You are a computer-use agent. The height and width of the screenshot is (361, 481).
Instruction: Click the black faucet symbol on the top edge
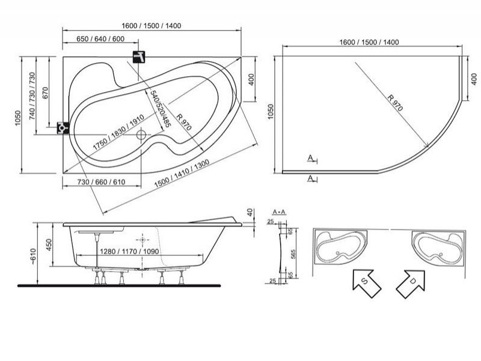tap(139, 56)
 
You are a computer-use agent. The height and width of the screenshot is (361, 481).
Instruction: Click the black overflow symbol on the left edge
tap(63, 127)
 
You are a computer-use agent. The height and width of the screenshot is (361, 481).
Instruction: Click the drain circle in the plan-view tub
tap(141, 134)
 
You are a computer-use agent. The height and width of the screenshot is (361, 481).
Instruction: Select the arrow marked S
tap(367, 284)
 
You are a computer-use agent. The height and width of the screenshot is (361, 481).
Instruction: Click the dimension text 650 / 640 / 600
tap(100, 39)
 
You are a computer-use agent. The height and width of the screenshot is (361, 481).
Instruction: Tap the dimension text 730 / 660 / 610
tap(101, 182)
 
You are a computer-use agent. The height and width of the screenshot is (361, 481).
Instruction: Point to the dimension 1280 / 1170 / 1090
tap(129, 252)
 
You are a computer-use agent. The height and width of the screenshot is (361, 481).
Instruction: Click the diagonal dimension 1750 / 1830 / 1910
tap(118, 132)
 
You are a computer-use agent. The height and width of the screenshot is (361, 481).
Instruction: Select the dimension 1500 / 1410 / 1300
tap(182, 174)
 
